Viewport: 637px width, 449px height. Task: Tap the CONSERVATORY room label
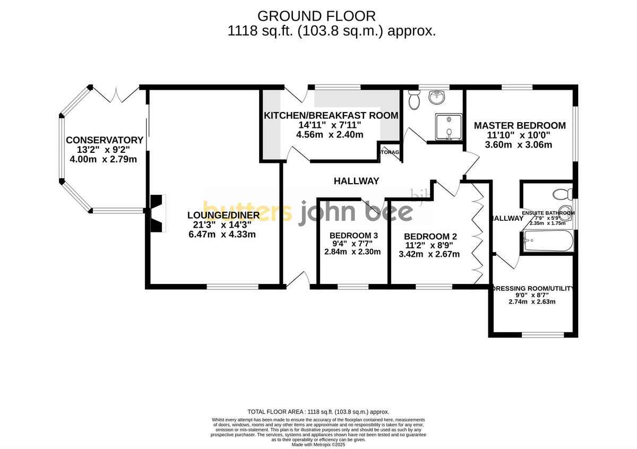105,140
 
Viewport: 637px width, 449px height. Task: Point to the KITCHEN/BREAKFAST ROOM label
331,116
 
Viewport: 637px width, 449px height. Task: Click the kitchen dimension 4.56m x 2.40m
329,135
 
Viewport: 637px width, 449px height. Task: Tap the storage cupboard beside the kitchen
389,152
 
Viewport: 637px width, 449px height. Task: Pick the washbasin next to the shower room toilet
438,97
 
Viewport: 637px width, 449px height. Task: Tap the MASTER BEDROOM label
520,126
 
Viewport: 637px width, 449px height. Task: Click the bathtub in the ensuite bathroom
548,242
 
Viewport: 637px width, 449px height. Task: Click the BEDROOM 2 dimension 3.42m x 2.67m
429,254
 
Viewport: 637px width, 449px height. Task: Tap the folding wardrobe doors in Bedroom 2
478,234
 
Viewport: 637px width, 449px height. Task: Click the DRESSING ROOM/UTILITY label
532,289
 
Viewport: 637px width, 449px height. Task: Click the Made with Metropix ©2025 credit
318,445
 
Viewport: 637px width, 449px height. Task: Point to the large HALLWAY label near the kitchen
356,181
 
